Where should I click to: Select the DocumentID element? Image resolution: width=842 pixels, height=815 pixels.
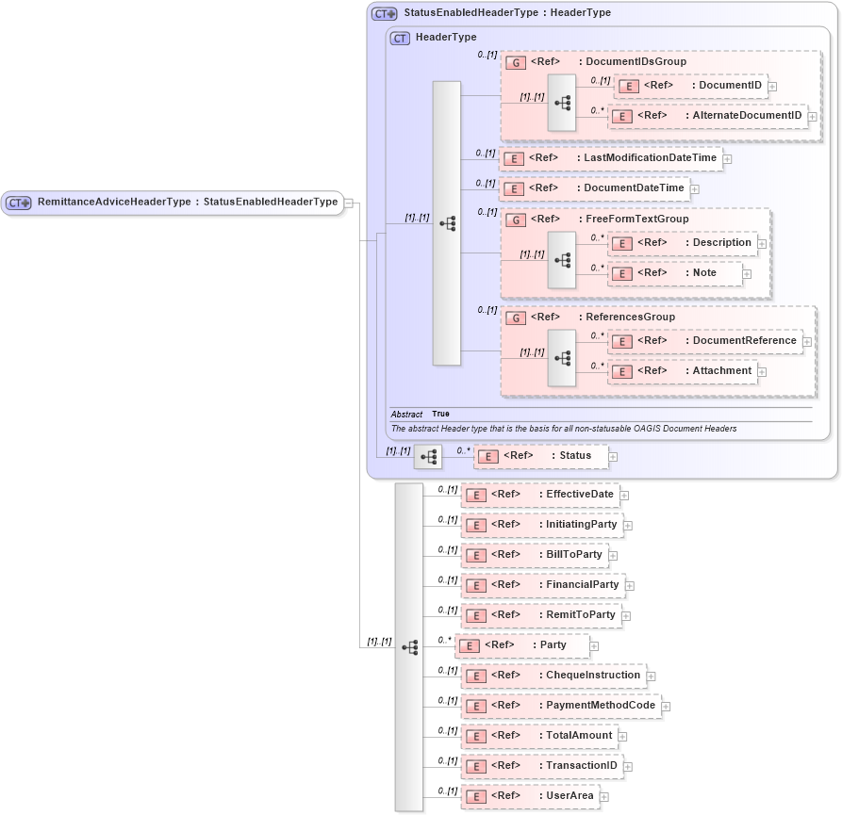coord(690,86)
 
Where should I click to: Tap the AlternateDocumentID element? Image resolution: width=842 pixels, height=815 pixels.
coord(708,116)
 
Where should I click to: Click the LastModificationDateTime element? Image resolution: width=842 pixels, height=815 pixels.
coord(610,158)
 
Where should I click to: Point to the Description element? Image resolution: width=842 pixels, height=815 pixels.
coord(684,243)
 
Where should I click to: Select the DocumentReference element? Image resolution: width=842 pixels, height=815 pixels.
coord(704,341)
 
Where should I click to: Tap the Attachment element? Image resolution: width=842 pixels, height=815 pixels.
coord(684,371)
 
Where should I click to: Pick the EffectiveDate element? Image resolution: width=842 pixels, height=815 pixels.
coord(541,495)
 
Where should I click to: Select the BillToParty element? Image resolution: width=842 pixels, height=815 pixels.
coord(535,555)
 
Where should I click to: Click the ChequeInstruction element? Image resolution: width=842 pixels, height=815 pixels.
coord(553,676)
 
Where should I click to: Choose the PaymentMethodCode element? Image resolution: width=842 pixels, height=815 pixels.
coord(561,706)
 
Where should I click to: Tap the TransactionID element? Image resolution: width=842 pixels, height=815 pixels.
coord(543,766)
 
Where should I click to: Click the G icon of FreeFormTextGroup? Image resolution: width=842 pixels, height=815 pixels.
coord(516,220)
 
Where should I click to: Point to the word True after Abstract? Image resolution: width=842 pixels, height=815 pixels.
coord(440,414)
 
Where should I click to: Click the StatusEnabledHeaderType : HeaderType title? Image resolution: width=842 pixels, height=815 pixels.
coord(506,13)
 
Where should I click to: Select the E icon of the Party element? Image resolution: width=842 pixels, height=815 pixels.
coord(469,646)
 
